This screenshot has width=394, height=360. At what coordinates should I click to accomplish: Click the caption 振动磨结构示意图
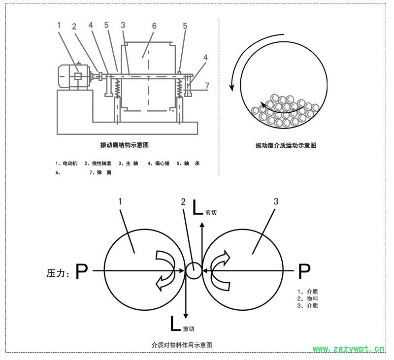click(x=124, y=145)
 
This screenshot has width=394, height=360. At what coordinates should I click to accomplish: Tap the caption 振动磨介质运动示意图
click(x=286, y=146)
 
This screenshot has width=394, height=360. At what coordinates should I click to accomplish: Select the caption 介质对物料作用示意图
click(x=183, y=345)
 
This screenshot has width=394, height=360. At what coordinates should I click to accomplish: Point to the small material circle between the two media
click(x=194, y=270)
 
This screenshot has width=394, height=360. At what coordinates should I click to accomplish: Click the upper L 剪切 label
click(x=203, y=209)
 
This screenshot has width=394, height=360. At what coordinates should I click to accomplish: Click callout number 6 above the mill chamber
click(x=154, y=25)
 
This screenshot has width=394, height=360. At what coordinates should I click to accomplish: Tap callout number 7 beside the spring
click(x=207, y=85)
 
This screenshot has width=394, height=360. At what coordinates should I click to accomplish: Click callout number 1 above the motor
click(x=59, y=25)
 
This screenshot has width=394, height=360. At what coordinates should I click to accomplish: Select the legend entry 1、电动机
click(x=67, y=163)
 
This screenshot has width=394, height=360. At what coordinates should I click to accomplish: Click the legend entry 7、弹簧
click(x=100, y=173)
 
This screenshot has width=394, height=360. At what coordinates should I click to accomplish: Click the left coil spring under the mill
click(x=118, y=89)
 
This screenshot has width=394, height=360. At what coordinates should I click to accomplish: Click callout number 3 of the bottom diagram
click(x=276, y=201)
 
